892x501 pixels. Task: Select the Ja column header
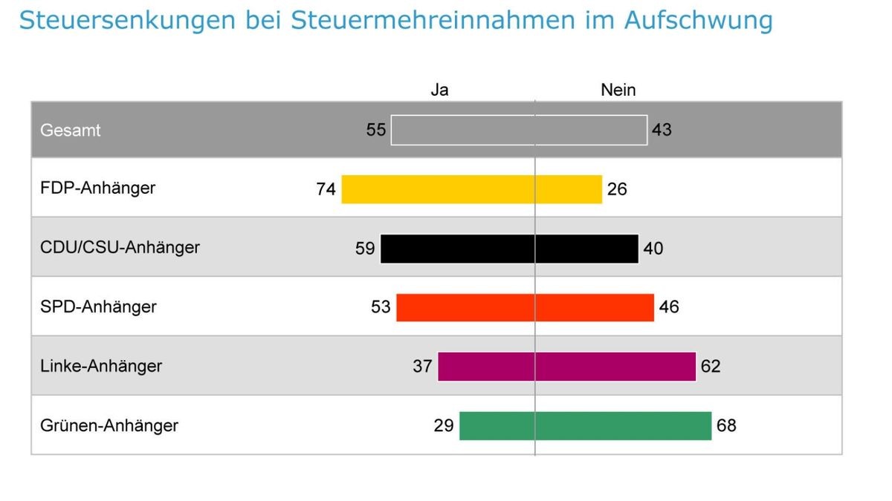point(439,90)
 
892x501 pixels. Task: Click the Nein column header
point(618,90)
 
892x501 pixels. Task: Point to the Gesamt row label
point(71,130)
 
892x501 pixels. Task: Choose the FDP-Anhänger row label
point(97,188)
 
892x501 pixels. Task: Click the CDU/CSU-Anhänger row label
point(120,247)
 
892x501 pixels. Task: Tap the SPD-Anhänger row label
point(98,307)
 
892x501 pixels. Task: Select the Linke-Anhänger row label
point(101,366)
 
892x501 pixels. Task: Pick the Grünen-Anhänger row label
point(109,425)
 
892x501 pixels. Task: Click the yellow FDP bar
point(471,189)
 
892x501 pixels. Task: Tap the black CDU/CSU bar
point(509,249)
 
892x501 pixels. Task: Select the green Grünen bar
point(585,426)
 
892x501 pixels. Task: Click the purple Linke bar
point(566,367)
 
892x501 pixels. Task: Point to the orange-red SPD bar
point(525,307)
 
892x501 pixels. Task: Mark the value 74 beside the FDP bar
point(326,189)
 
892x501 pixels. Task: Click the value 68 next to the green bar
point(726,426)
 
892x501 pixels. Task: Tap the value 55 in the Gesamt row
point(376,130)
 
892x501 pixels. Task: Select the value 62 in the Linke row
point(711,367)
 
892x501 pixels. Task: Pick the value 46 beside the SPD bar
point(669,307)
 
